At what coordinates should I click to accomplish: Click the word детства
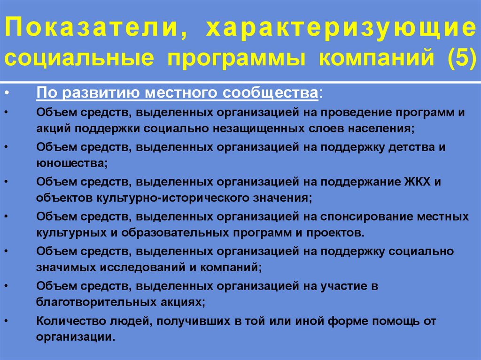coord(409,147)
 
